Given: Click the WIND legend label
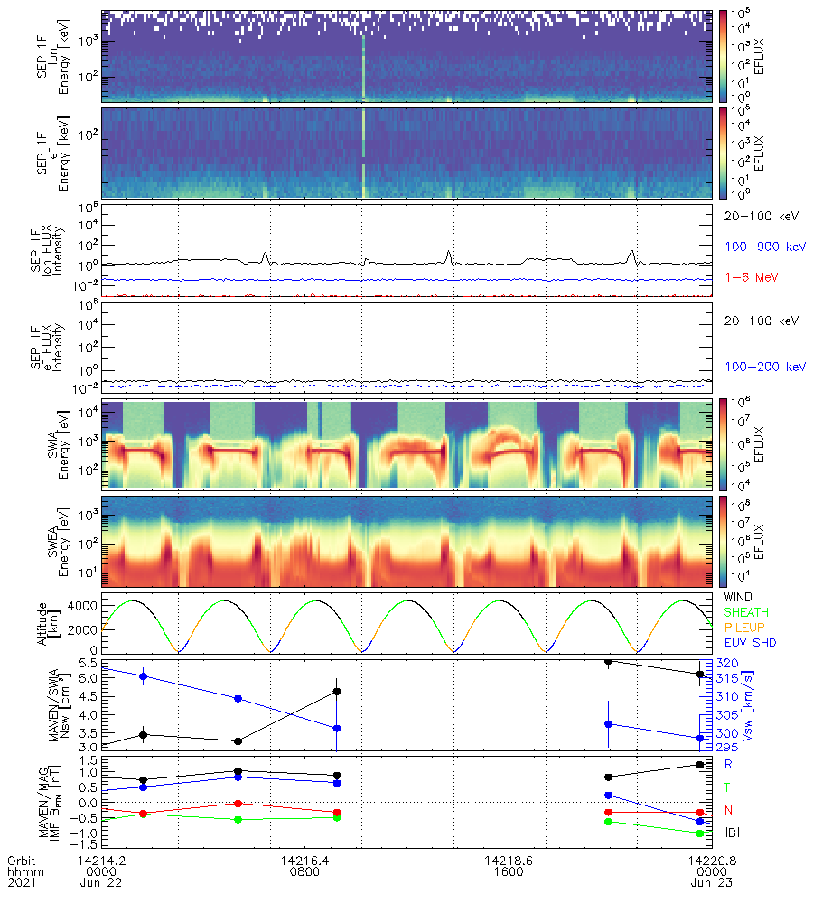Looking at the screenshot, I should (x=739, y=598).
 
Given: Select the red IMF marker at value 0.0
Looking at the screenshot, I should (x=238, y=803).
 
